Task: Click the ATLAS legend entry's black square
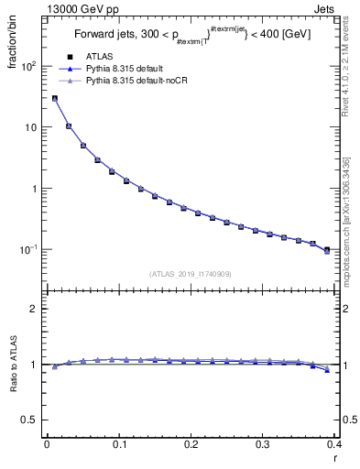click(x=69, y=58)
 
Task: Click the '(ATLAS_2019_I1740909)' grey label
click(x=191, y=274)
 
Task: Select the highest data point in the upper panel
click(x=54, y=98)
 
